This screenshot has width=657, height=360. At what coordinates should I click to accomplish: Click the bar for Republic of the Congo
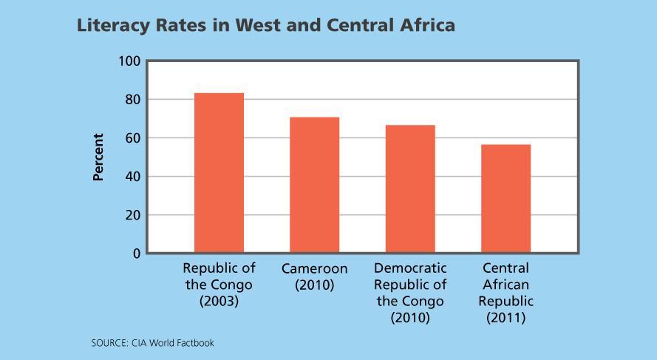point(219,173)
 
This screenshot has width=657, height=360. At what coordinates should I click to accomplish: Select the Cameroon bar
point(314,185)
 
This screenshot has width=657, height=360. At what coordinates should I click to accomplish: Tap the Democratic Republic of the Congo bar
point(410,189)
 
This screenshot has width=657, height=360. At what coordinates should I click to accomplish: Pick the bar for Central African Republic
point(505,199)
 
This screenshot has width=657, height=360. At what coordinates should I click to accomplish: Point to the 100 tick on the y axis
point(129,61)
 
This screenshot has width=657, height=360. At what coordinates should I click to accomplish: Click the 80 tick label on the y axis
point(132,100)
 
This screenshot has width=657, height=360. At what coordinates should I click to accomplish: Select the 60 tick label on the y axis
point(132,138)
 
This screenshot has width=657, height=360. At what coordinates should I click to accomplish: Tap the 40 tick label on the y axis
point(132,177)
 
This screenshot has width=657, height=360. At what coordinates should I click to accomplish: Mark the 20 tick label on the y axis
point(132,215)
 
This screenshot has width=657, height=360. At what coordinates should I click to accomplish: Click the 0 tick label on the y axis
point(136,254)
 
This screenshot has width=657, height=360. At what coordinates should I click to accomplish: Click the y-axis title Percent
point(98,157)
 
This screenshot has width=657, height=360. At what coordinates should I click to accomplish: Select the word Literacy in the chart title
point(109,26)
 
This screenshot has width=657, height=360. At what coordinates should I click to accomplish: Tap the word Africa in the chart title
point(428,25)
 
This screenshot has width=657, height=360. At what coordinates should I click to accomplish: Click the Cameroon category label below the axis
point(314,268)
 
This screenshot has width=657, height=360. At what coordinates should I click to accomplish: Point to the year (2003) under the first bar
point(219,302)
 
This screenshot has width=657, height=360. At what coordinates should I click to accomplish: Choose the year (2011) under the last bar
point(505,318)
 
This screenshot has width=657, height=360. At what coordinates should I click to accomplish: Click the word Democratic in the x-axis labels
point(410,268)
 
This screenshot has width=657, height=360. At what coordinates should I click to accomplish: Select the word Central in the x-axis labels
point(505,268)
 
